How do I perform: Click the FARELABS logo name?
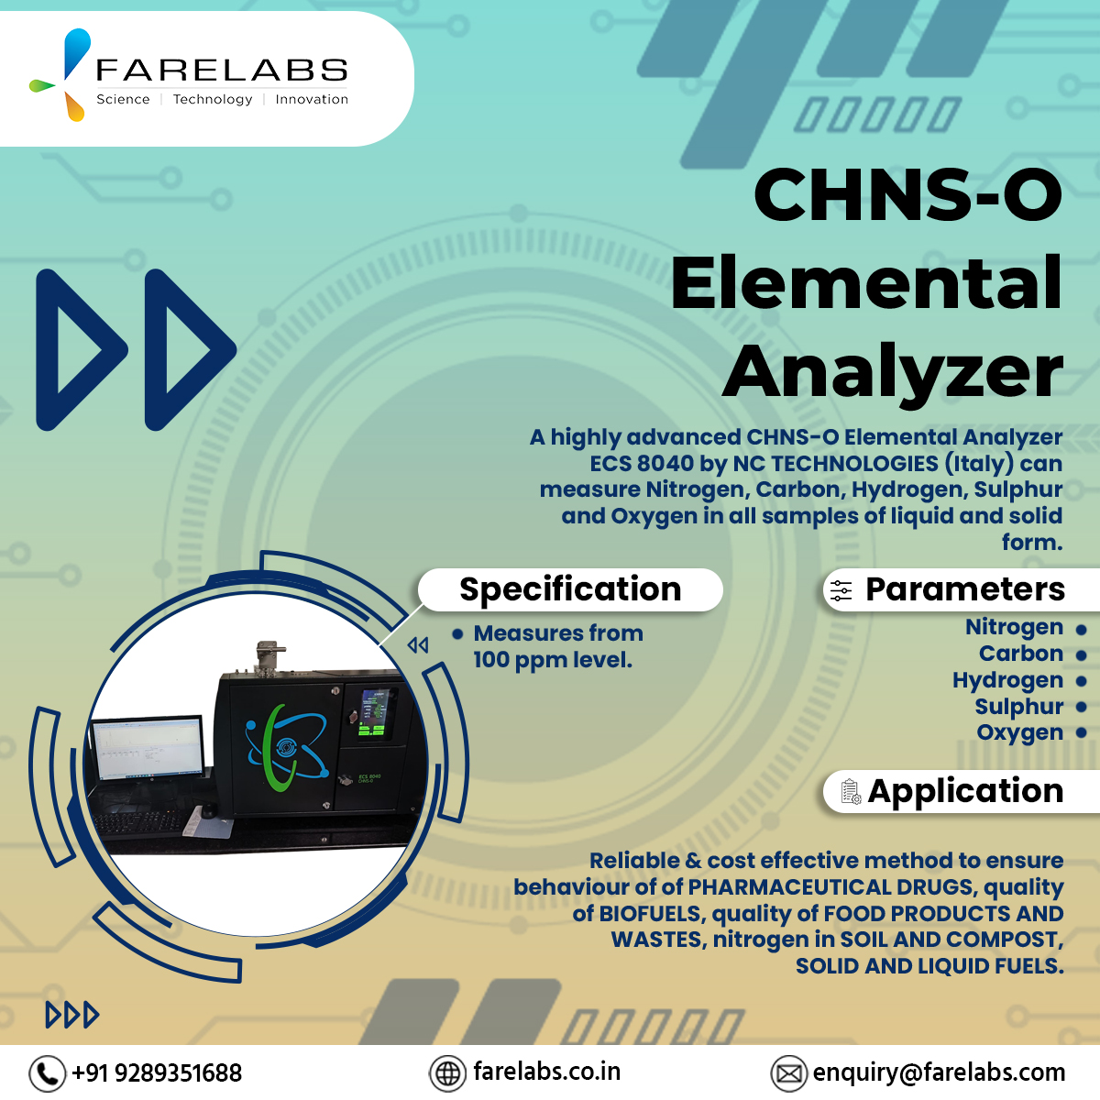click(x=222, y=71)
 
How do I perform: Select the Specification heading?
click(x=570, y=589)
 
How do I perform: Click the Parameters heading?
click(x=964, y=589)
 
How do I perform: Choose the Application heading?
click(x=965, y=791)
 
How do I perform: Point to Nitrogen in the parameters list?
click(x=1014, y=627)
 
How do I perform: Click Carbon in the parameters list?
click(x=1020, y=654)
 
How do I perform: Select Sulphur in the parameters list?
click(x=1018, y=707)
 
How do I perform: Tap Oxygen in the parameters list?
click(x=1019, y=732)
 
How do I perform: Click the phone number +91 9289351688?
click(x=157, y=1072)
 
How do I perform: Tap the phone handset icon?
click(x=47, y=1072)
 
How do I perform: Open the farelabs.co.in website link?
click(x=546, y=1072)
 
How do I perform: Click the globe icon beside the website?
click(x=447, y=1072)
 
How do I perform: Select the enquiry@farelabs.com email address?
click(x=939, y=1072)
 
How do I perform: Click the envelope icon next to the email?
click(x=788, y=1072)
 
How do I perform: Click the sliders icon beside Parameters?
click(x=841, y=591)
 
